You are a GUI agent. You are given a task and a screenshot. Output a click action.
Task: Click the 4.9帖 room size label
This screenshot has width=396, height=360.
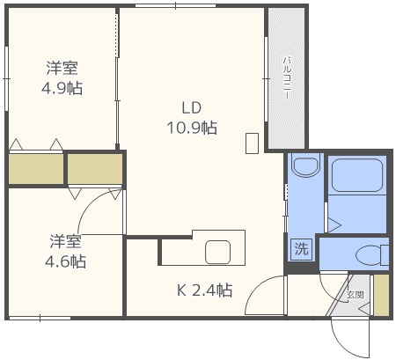[x=62, y=88]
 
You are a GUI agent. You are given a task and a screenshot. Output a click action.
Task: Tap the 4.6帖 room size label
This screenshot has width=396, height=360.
[x=65, y=261]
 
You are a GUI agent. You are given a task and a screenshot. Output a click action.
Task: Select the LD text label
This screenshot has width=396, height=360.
[x=192, y=107]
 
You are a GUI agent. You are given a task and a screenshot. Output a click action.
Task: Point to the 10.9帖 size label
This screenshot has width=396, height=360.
[x=192, y=128]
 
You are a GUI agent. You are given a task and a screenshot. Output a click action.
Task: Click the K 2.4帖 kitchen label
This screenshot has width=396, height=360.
[x=205, y=290]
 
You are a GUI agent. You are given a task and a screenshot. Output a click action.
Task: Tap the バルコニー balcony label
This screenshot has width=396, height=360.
[x=287, y=78]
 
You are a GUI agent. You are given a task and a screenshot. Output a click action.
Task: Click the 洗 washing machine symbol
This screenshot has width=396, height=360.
[x=301, y=249]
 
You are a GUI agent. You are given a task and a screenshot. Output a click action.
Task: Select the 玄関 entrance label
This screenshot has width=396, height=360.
[x=356, y=295]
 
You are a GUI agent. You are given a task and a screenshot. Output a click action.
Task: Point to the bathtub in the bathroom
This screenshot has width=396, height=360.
[x=357, y=175]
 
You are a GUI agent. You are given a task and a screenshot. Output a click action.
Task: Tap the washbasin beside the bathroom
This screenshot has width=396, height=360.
[x=305, y=166]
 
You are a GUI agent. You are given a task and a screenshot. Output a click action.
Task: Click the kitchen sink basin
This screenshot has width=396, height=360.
[x=217, y=252]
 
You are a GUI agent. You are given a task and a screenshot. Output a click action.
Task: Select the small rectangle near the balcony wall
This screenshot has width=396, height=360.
[x=252, y=143]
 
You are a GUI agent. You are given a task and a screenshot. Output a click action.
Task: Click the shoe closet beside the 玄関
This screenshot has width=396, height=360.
[x=381, y=295]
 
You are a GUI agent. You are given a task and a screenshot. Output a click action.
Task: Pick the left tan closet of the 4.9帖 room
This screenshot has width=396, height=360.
[x=36, y=169]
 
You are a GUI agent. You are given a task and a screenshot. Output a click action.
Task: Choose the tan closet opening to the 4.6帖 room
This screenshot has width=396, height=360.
[x=95, y=169]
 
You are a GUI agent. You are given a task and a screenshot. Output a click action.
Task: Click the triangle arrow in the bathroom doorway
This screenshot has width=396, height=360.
[x=334, y=225]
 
